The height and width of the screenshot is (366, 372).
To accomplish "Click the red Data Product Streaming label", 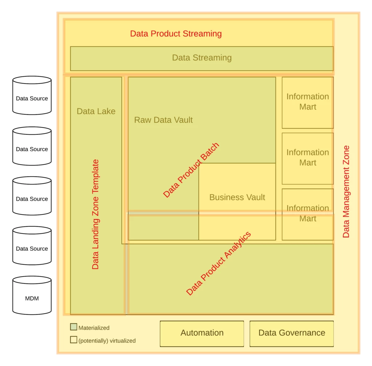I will [176, 34].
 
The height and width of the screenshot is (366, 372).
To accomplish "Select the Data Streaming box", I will [202, 58].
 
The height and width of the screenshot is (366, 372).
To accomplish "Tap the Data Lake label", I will [96, 111].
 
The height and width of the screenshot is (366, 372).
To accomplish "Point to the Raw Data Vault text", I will [163, 120].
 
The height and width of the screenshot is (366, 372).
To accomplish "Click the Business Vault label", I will [237, 197].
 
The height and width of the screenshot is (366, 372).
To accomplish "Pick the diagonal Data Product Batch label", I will [191, 170].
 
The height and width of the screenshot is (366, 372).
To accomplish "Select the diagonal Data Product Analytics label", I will [219, 264].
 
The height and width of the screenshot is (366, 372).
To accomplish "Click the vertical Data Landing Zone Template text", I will [96, 214].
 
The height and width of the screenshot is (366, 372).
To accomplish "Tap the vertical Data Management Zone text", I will [346, 192].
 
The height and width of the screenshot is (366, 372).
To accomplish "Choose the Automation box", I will [202, 333].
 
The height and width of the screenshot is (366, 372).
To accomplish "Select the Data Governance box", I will [292, 333].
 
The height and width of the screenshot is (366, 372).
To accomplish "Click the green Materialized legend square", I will [74, 327].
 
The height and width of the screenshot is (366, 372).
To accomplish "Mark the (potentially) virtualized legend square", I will [74, 340].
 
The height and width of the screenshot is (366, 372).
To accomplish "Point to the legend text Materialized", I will [94, 328].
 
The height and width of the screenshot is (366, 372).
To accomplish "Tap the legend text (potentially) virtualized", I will [107, 341].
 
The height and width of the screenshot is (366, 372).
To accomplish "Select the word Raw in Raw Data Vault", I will [141, 120].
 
